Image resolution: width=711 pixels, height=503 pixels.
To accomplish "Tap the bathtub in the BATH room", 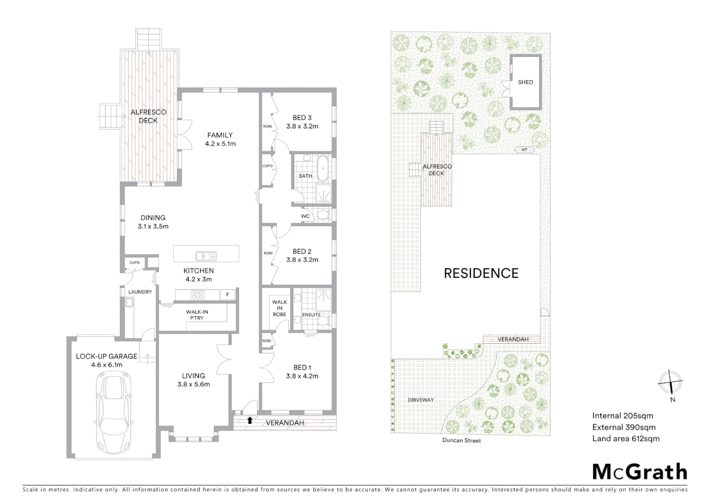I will pyautogui.click(x=323, y=169).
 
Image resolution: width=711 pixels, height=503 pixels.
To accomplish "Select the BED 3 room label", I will pyautogui.click(x=302, y=118).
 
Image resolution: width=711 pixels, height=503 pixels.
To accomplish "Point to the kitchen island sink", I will pyautogui.click(x=206, y=256).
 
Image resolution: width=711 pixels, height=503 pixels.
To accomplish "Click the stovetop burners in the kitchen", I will pyautogui.click(x=198, y=295).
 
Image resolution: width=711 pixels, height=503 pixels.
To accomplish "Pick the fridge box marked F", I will pyautogui.click(x=228, y=295).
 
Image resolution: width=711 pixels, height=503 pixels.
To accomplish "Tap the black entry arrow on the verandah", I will pyautogui.click(x=250, y=421).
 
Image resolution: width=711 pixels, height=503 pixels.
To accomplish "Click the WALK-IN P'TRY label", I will pyautogui.click(x=197, y=315).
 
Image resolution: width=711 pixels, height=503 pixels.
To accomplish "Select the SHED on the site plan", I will pyautogui.click(x=525, y=82).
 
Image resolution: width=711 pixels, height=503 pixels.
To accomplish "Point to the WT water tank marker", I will pyautogui.click(x=524, y=150).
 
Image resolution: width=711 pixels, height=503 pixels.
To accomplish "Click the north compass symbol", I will pyautogui.click(x=671, y=382).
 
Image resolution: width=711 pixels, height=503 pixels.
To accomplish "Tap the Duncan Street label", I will pyautogui.click(x=462, y=440).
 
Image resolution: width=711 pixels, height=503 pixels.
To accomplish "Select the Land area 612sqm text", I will pyautogui.click(x=625, y=438).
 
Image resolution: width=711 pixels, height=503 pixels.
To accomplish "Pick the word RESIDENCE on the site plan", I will pyautogui.click(x=481, y=273).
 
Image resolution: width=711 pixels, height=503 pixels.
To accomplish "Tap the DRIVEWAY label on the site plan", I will pyautogui.click(x=421, y=400).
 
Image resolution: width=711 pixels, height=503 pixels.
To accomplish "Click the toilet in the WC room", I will pyautogui.click(x=323, y=215).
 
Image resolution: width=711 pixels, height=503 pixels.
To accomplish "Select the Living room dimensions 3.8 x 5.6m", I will pyautogui.click(x=194, y=384).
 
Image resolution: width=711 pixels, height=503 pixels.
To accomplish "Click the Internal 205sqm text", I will pyautogui.click(x=623, y=415).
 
